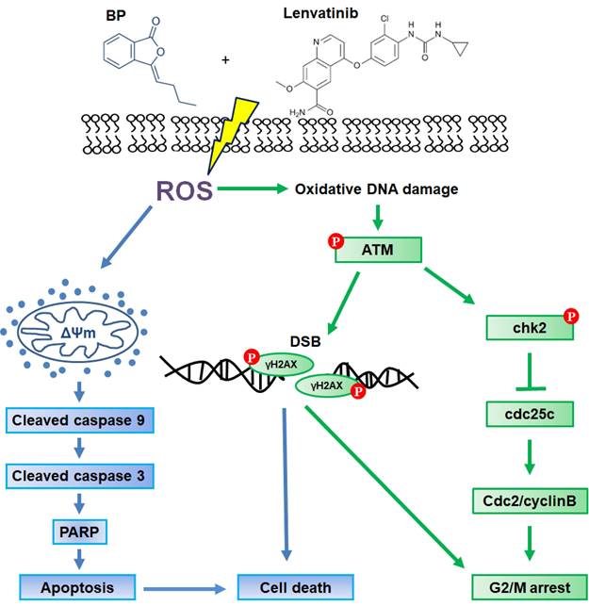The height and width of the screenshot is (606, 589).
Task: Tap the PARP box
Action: pyautogui.click(x=77, y=532)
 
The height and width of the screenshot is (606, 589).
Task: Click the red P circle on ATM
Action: pyautogui.click(x=335, y=239)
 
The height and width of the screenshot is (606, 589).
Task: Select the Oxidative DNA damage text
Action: pyautogui.click(x=376, y=189)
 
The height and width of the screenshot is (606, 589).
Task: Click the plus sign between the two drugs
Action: pyautogui.click(x=226, y=59)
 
